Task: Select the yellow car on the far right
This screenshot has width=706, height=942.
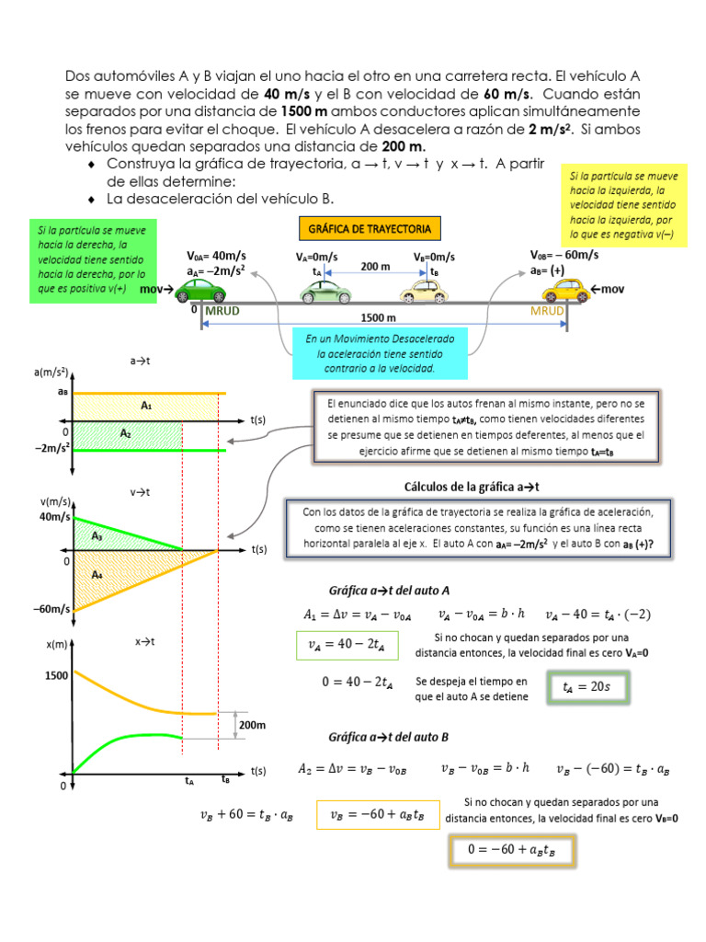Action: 565,290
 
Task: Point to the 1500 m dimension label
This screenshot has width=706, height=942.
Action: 384,317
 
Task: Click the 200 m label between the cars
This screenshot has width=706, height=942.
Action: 375,266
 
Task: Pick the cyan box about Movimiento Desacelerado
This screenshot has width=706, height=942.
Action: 373,353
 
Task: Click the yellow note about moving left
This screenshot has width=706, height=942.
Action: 624,203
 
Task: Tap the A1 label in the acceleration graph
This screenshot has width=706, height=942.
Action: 146,405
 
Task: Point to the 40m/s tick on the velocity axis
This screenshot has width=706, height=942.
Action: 54,518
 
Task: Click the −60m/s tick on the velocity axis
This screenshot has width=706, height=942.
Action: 53,609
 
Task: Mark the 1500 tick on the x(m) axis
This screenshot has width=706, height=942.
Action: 56,675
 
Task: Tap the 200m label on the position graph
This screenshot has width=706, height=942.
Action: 252,725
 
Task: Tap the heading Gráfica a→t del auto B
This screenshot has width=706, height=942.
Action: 389,737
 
